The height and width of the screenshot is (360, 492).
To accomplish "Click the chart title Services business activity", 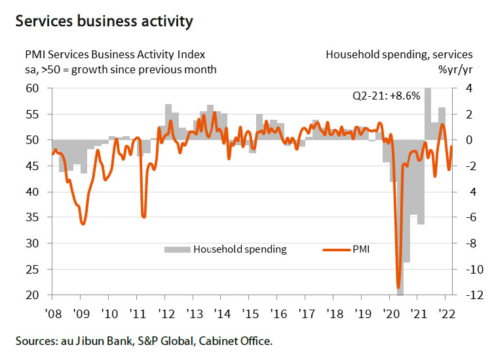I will click(104, 22).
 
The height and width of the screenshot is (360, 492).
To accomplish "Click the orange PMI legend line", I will click(336, 249).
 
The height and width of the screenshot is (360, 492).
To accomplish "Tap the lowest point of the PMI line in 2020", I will click(398, 287).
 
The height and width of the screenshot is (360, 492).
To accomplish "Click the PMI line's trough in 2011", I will click(143, 217).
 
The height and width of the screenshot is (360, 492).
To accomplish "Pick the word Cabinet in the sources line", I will click(225, 341).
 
